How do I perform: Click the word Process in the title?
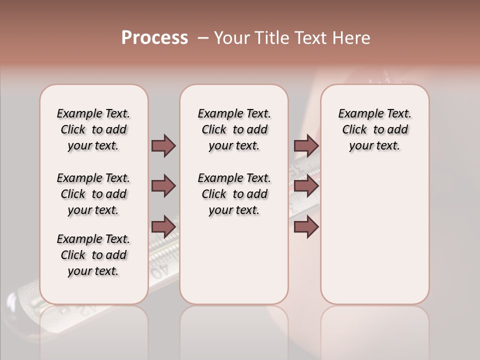pos(154,38)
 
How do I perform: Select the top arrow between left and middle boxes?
pos(163,145)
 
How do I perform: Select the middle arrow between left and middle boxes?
pos(163,186)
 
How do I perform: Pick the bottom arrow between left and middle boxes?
pos(163,226)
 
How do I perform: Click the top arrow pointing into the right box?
pos(306,145)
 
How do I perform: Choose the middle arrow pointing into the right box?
pos(306,186)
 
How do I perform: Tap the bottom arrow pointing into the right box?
pos(306,226)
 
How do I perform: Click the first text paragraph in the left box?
pos(93,129)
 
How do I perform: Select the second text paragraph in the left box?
pos(93,194)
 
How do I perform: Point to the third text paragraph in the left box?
pos(93,255)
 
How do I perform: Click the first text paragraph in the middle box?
pos(234,129)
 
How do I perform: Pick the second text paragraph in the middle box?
pos(234,194)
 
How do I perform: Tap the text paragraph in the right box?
pos(374,129)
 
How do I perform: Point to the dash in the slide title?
pos(203,38)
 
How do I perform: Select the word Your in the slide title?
pos(231,38)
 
